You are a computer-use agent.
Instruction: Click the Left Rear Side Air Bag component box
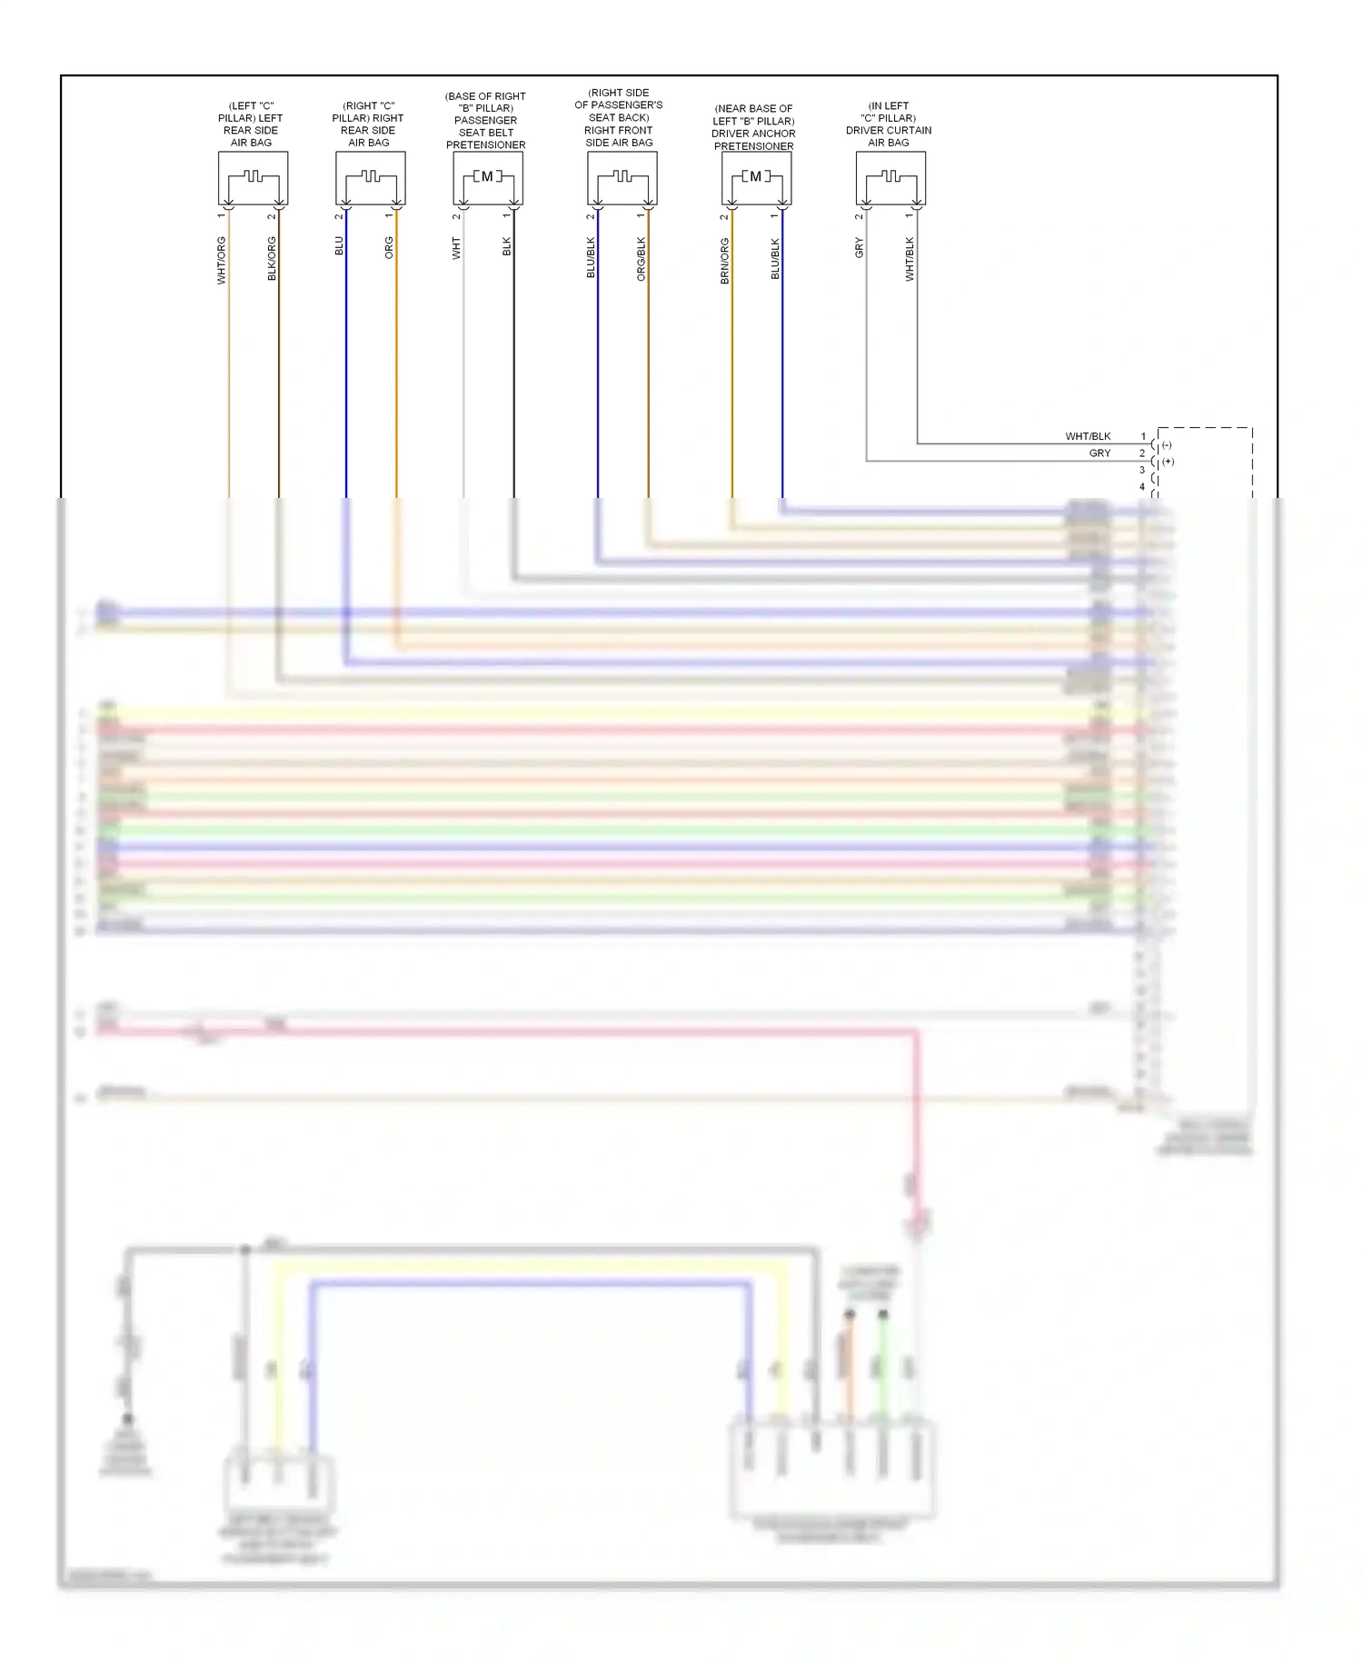(x=253, y=178)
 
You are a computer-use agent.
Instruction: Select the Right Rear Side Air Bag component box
(x=370, y=178)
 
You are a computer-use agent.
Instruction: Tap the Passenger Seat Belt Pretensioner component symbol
(x=487, y=178)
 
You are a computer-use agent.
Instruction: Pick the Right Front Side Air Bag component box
(x=622, y=178)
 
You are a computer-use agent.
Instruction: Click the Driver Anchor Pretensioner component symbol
(x=756, y=178)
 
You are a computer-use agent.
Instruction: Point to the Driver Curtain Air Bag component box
(x=890, y=178)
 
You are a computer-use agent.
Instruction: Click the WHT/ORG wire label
(x=222, y=260)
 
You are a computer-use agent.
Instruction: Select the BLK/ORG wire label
(x=272, y=258)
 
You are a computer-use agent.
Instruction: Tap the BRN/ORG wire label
(x=724, y=261)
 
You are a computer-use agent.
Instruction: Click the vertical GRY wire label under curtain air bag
(x=859, y=247)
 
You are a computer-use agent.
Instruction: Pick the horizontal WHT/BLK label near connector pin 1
(x=1088, y=436)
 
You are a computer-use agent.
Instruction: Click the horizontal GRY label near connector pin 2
(x=1099, y=453)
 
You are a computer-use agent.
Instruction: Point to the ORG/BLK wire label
(x=642, y=258)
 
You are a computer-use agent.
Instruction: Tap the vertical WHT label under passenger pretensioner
(x=456, y=248)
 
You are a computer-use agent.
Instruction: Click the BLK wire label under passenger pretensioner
(x=507, y=246)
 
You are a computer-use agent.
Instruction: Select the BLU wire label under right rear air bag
(x=339, y=245)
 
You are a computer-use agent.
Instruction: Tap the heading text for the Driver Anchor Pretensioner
(x=753, y=127)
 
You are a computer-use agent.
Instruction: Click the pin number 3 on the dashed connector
(x=1142, y=470)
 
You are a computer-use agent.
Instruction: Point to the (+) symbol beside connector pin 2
(x=1169, y=462)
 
